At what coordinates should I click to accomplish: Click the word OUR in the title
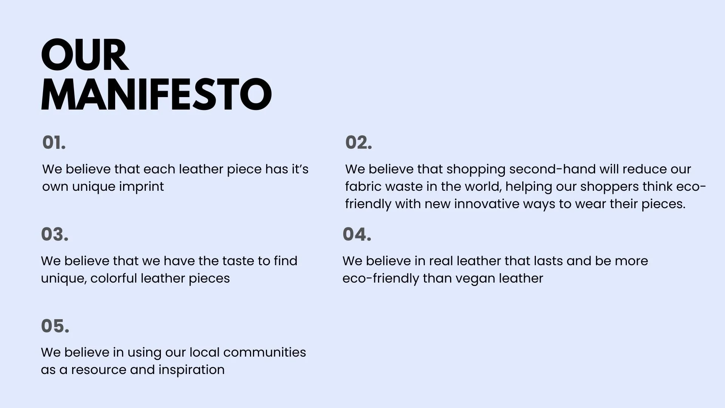[85, 55]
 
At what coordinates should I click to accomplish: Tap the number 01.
[54, 143]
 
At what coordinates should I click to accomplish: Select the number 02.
[358, 143]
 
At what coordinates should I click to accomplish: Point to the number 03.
[55, 234]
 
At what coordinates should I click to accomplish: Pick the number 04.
[357, 234]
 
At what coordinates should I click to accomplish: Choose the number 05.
[55, 326]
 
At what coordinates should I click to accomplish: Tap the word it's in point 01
[299, 169]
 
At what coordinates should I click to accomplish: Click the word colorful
[114, 278]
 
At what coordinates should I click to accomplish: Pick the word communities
[264, 352]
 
